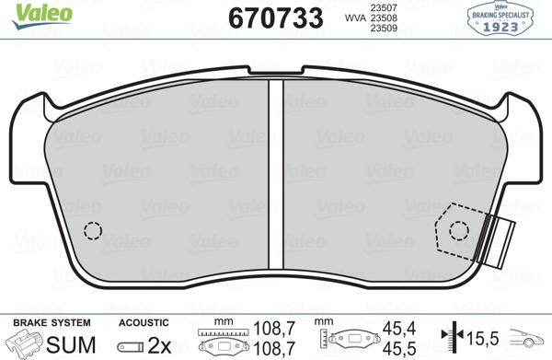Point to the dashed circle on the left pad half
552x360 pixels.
[92, 231]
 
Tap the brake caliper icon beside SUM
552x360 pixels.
[25, 343]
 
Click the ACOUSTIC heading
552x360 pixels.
[144, 323]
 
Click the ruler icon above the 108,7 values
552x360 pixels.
[221, 332]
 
